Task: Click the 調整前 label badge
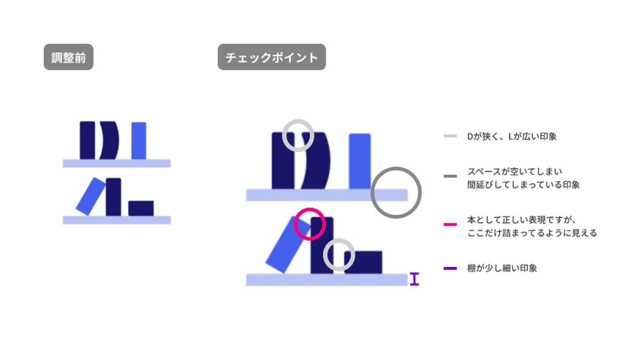(x=68, y=57)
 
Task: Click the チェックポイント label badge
(x=272, y=57)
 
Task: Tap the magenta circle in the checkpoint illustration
(x=310, y=224)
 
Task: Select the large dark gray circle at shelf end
(x=396, y=193)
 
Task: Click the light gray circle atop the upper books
(x=298, y=136)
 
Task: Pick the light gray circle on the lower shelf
(x=339, y=255)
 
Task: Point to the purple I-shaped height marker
(x=414, y=279)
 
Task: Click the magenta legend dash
(x=450, y=224)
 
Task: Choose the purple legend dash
(x=450, y=269)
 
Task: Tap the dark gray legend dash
(x=450, y=177)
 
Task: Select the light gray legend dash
(x=450, y=136)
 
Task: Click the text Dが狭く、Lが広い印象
(x=512, y=137)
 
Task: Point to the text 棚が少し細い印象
(x=502, y=269)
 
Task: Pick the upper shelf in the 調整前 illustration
(x=117, y=163)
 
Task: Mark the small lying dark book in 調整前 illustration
(x=141, y=208)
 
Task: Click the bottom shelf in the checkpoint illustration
(x=327, y=280)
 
